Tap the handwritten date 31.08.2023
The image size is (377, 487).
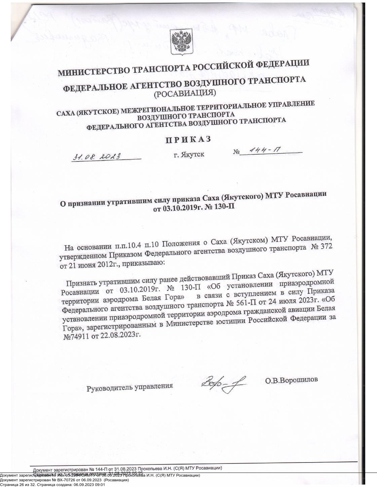(97, 157)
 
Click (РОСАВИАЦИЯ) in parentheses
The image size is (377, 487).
(185, 93)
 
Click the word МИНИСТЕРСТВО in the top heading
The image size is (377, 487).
(94, 71)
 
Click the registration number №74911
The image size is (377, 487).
(76, 336)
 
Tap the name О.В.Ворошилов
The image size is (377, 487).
(291, 380)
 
